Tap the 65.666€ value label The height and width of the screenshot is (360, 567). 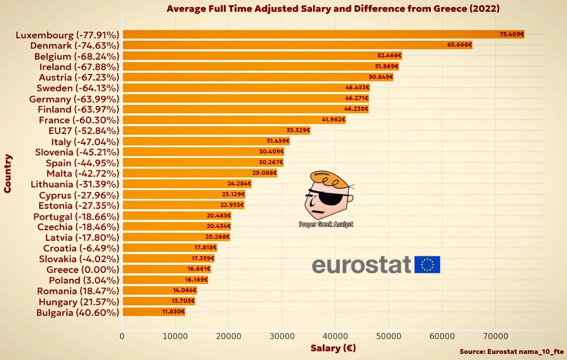pos(459,45)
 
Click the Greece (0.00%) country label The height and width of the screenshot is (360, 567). pos(83,270)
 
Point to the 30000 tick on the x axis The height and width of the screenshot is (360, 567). pos(282,336)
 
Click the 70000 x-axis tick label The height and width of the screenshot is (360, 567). pos(495,336)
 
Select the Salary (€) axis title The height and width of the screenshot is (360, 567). pos(333,348)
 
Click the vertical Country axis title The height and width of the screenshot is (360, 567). pos(8,173)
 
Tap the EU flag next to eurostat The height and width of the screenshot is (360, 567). pos(427,265)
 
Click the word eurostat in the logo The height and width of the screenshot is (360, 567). pos(361,265)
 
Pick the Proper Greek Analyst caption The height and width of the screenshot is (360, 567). pos(326,224)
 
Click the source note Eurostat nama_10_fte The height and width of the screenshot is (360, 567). pos(511,352)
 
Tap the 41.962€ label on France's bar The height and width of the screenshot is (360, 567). pos(333,119)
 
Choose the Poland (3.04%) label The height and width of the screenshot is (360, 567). pos(84,280)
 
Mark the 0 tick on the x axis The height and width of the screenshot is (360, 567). pos(122,336)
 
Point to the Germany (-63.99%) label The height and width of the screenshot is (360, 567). pos(74,99)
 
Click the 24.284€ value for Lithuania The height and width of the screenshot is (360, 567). pos(239,184)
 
